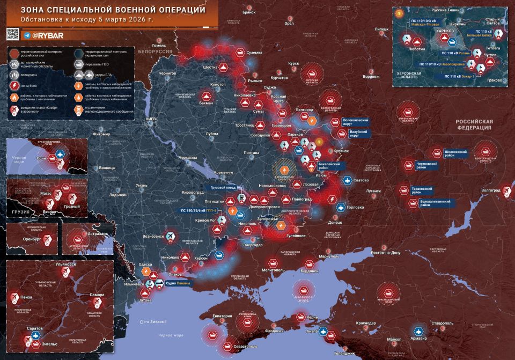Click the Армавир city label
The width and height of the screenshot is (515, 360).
click(x=420, y=340)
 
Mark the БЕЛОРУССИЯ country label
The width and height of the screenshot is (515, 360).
click(x=154, y=52)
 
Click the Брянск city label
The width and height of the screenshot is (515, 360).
click(x=249, y=11)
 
